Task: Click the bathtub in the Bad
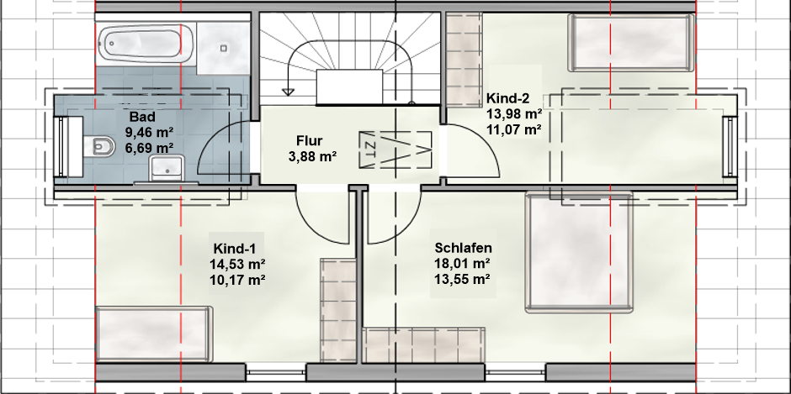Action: click(x=146, y=43)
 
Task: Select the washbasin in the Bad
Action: click(x=167, y=168)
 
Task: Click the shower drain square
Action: click(x=224, y=48)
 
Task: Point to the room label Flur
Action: click(x=309, y=140)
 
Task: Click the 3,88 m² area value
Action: click(x=313, y=157)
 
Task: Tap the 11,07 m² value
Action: click(x=514, y=129)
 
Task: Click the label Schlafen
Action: click(x=463, y=248)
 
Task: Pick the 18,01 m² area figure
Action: click(x=463, y=263)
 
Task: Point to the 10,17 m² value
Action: click(x=237, y=280)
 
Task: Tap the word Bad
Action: click(x=143, y=118)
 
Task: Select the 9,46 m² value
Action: click(x=149, y=133)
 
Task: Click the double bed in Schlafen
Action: click(x=579, y=251)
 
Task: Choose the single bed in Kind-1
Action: click(x=153, y=334)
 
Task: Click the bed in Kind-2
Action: click(x=631, y=43)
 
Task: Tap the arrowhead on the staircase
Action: click(x=288, y=92)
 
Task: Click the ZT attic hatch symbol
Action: click(x=395, y=150)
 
